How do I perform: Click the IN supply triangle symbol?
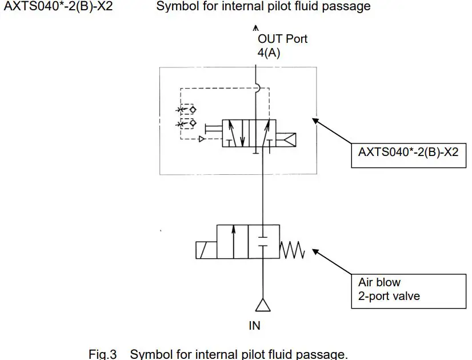tap(262, 306)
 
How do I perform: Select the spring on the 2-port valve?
tap(293, 250)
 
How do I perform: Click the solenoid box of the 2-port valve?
tap(206, 250)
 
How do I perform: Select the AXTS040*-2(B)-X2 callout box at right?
tap(407, 153)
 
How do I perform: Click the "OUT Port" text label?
tap(282, 39)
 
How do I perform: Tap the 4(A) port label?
tap(269, 53)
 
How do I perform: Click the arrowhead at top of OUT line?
tap(255, 27)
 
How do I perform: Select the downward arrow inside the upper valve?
tap(242, 134)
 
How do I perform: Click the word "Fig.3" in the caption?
tap(103, 354)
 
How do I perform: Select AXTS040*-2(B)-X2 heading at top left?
tap(54, 7)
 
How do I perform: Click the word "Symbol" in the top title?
tap(175, 7)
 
